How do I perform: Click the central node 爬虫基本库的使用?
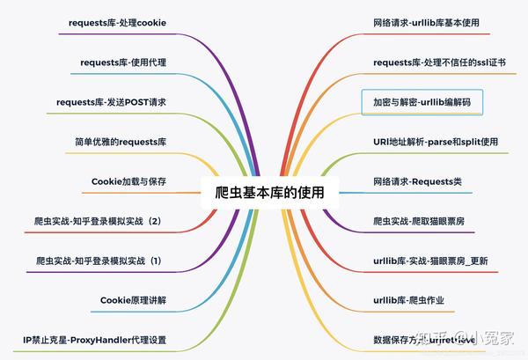[x=263, y=191]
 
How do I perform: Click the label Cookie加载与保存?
[x=128, y=181]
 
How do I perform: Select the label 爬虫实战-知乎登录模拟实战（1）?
[x=99, y=261]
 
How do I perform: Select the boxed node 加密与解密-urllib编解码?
[x=422, y=102]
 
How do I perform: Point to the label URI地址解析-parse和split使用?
[x=435, y=142]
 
